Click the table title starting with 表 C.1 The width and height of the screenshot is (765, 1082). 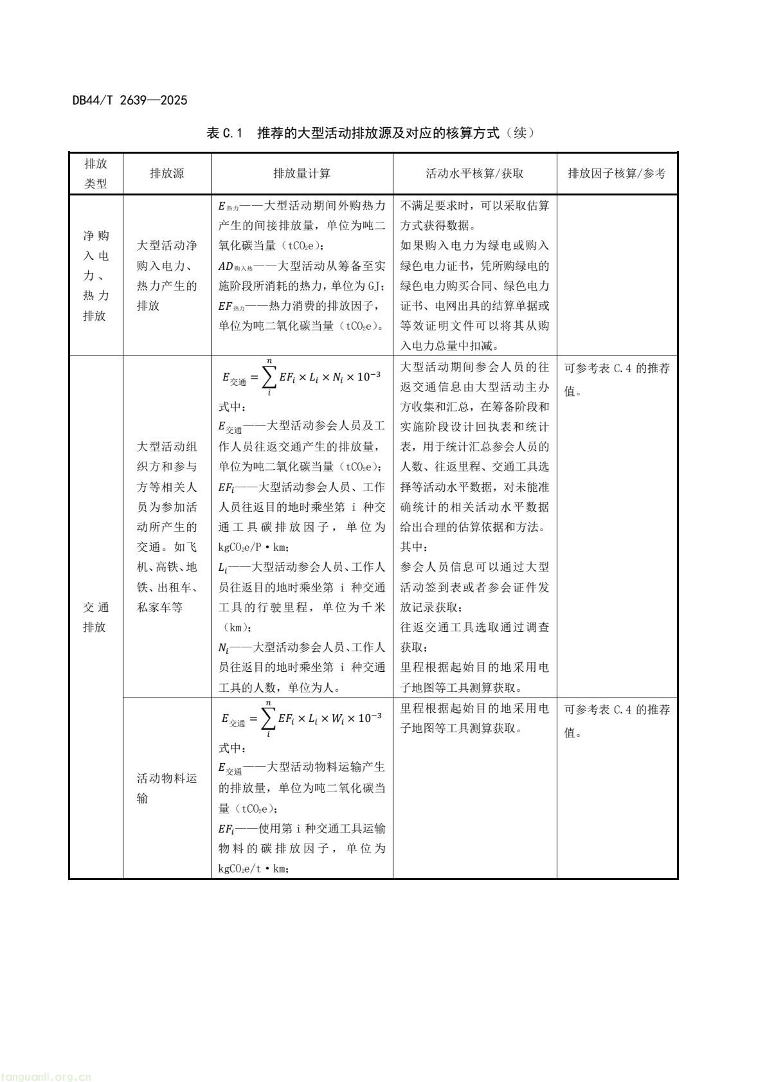(x=370, y=134)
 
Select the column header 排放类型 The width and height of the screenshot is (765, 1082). (x=95, y=174)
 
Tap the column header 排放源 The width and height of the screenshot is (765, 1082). (x=166, y=174)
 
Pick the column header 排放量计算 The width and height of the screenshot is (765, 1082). (x=301, y=174)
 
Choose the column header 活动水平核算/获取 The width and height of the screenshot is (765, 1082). (x=474, y=174)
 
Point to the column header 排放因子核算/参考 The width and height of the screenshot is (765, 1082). (x=616, y=174)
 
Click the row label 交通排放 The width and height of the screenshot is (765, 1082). (x=95, y=617)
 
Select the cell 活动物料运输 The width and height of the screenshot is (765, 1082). (x=166, y=788)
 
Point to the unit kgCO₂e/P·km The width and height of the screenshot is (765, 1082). (x=255, y=547)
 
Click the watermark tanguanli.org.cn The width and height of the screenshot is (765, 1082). (x=46, y=1072)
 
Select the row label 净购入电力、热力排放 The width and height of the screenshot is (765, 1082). (x=95, y=275)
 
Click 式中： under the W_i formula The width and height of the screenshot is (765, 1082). (x=232, y=748)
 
